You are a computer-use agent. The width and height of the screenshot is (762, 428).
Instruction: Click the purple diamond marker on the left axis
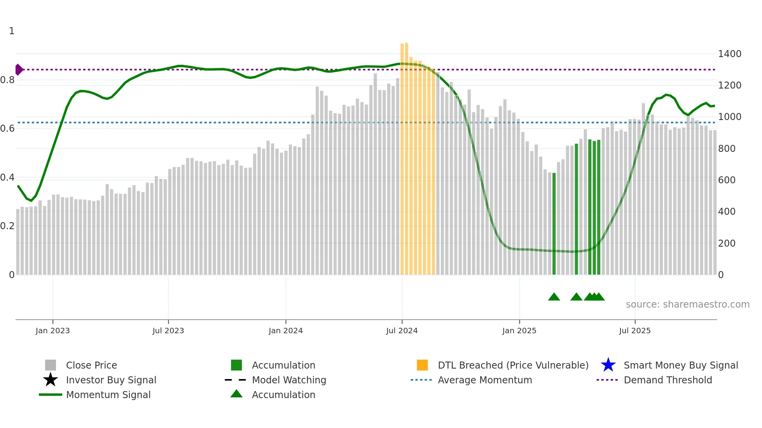(x=19, y=70)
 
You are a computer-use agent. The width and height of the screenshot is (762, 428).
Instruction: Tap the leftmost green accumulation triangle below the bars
(x=554, y=297)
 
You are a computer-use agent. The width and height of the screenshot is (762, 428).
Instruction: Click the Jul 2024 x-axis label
(x=402, y=331)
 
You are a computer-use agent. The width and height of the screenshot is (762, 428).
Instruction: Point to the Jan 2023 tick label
(x=52, y=331)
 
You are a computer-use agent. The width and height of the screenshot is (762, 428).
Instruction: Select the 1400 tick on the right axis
(x=729, y=54)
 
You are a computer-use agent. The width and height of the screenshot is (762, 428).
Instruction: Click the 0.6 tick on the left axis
(x=7, y=129)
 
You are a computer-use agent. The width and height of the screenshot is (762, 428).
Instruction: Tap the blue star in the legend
(x=608, y=365)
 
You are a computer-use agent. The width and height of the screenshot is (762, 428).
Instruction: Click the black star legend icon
(x=51, y=380)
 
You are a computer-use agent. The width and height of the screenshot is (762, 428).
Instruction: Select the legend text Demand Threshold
(x=668, y=380)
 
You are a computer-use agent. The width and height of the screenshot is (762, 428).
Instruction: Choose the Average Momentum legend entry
(x=484, y=380)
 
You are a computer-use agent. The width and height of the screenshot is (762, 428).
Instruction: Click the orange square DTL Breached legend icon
(x=422, y=365)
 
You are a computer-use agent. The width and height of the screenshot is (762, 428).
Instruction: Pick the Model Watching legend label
(x=289, y=380)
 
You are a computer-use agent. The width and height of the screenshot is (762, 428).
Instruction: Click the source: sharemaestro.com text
(x=687, y=304)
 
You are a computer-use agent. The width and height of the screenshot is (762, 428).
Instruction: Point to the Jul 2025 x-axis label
(x=634, y=331)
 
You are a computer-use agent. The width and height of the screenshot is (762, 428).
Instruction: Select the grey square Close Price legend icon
(x=51, y=365)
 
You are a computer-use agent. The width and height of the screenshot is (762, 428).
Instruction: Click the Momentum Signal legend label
(x=108, y=395)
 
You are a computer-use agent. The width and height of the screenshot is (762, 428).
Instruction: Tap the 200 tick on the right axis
(x=726, y=244)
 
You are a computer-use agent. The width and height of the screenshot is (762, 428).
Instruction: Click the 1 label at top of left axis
(x=12, y=31)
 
